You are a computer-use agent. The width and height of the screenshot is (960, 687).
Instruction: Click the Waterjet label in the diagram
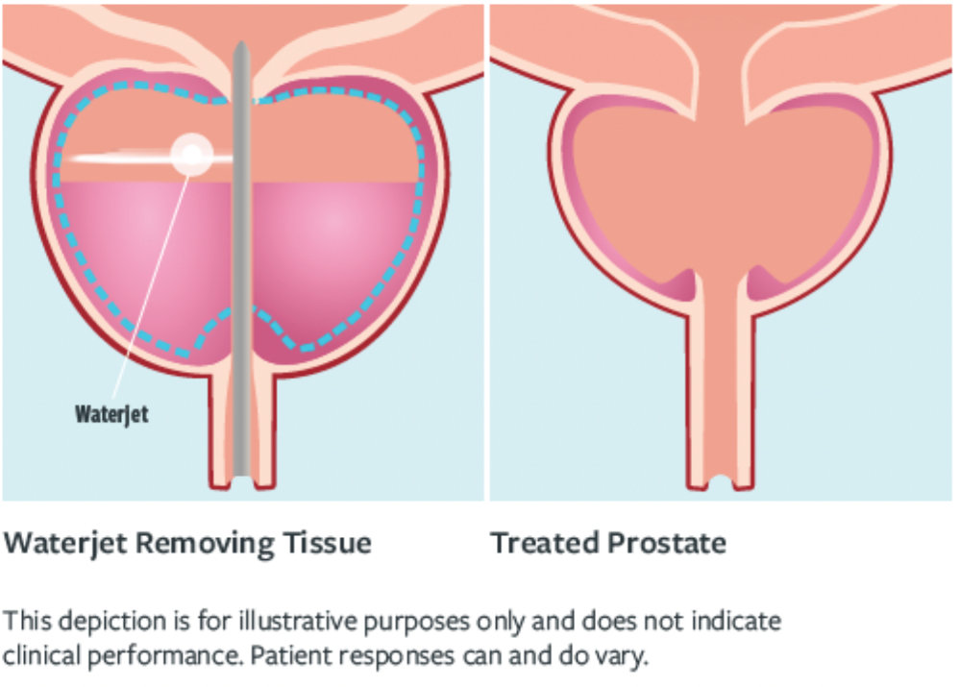click(111, 414)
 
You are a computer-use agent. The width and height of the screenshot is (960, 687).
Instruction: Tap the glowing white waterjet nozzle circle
click(191, 155)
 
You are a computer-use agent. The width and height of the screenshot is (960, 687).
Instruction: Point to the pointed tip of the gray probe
click(241, 43)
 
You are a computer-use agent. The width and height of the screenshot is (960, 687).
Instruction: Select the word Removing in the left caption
click(205, 544)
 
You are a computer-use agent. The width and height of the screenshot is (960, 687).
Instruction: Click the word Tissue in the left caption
click(327, 543)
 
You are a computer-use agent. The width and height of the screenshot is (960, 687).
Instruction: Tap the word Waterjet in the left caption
click(65, 544)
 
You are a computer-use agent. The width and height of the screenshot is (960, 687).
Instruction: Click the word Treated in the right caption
click(545, 543)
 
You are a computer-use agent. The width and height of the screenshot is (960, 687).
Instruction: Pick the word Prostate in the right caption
click(667, 543)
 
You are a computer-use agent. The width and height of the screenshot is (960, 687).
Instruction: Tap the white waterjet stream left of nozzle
click(121, 159)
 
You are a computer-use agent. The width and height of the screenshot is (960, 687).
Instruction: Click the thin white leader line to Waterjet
click(151, 287)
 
